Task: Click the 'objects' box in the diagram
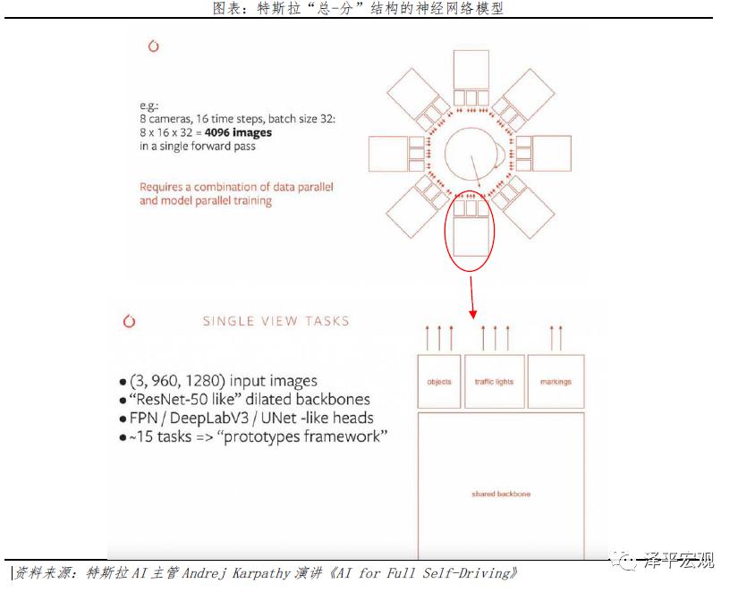click(438, 382)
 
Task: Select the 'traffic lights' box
click(494, 382)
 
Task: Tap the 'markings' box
click(556, 382)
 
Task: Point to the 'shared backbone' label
click(501, 494)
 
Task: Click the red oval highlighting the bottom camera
click(445, 231)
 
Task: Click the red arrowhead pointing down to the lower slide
click(473, 314)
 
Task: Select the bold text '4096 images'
click(238, 132)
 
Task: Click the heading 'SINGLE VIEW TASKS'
click(276, 321)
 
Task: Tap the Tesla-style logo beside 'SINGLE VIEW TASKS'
click(129, 321)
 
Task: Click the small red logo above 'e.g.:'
click(154, 47)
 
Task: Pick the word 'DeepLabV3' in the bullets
click(209, 418)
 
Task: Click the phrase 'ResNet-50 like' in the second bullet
click(182, 400)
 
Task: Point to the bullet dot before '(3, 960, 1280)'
click(123, 382)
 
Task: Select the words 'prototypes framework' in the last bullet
click(302, 436)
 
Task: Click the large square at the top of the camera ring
click(471, 70)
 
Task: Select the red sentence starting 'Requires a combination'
click(236, 194)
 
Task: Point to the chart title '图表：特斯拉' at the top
click(256, 8)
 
